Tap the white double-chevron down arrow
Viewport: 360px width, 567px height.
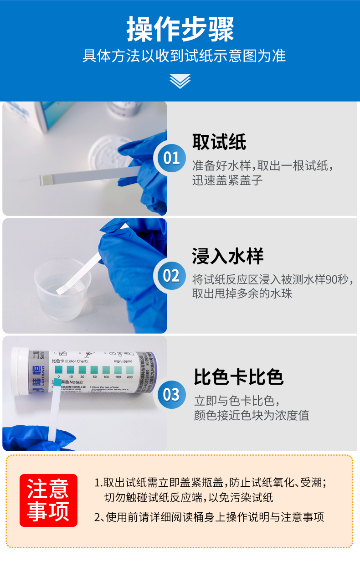[180, 81]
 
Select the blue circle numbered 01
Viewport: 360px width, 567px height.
[171, 158]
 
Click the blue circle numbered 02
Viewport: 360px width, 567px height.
[171, 276]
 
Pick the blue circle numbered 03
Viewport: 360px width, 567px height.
[171, 394]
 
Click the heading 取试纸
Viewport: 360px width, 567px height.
[219, 142]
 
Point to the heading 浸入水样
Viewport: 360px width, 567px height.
[227, 257]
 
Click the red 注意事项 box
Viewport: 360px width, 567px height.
[48, 500]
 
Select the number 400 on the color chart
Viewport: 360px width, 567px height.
[129, 377]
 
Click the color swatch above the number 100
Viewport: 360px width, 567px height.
[106, 369]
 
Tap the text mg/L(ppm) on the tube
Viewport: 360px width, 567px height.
[123, 361]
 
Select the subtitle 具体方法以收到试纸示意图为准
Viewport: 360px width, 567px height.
[184, 56]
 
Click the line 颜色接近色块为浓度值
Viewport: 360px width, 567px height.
[252, 415]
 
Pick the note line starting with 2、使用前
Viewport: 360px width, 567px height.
[209, 517]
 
